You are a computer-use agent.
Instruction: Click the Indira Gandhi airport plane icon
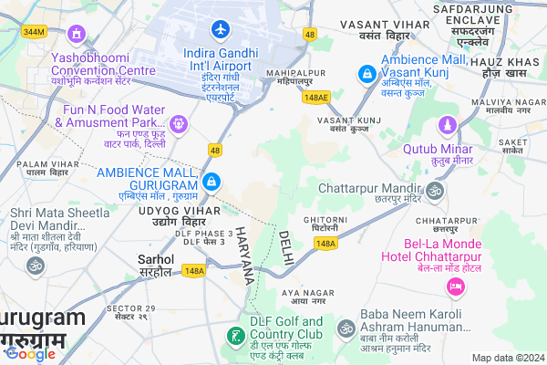point(219,27)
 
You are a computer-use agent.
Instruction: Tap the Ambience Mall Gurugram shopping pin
point(212,182)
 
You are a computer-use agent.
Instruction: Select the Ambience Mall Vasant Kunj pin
point(366,71)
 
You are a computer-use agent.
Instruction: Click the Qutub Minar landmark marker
point(447,125)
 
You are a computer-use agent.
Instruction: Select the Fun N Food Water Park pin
point(178,121)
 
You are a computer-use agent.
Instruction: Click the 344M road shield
point(34,32)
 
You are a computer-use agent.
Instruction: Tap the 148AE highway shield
point(316,96)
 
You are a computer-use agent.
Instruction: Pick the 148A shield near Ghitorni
point(326,244)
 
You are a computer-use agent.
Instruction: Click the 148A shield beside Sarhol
point(193,271)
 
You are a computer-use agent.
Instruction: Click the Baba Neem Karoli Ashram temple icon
point(346,328)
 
